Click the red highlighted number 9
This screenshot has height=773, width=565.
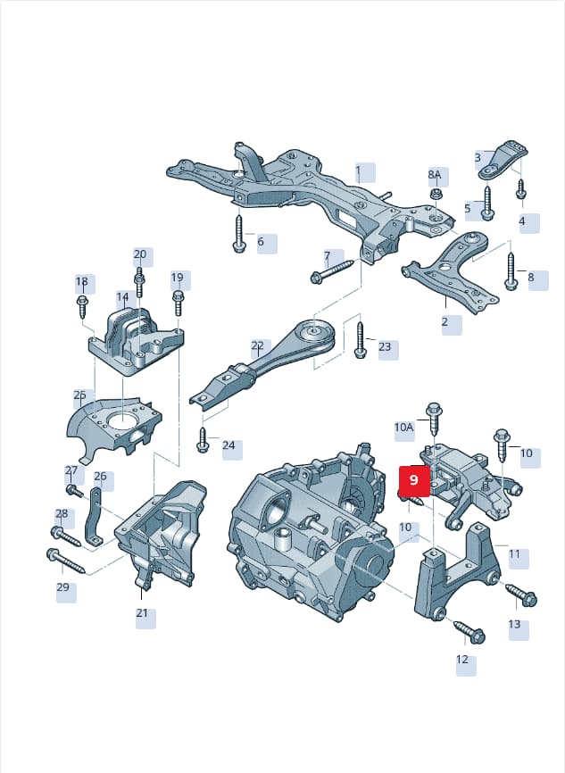[413, 479]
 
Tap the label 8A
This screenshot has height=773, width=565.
[435, 174]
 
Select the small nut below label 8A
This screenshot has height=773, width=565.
[435, 193]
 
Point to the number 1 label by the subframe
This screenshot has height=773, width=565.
[359, 171]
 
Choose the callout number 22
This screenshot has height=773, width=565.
[257, 345]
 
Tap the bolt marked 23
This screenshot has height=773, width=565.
[360, 340]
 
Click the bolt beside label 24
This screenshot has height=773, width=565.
[202, 439]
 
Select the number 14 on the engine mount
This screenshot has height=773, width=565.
[122, 297]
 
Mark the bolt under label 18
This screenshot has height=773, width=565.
[82, 307]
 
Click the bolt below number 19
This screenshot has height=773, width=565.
[178, 303]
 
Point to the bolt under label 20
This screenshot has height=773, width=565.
[139, 281]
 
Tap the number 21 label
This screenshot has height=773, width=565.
[142, 613]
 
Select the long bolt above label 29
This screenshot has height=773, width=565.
[65, 561]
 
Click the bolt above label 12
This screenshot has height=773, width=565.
[469, 631]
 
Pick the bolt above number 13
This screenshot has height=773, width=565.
[521, 594]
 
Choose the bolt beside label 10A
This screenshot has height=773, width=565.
[435, 419]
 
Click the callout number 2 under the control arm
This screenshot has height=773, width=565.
[445, 322]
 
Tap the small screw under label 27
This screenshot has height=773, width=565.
[74, 491]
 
